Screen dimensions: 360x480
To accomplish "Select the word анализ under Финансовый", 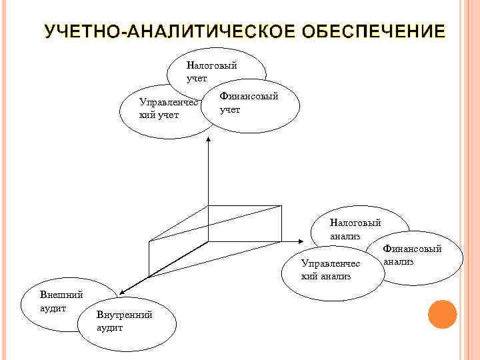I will point(399,261).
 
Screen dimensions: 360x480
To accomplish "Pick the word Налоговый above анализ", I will point(355,223).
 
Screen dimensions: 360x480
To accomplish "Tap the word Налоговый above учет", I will point(211,65).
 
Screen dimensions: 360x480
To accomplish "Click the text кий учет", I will point(158,115).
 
